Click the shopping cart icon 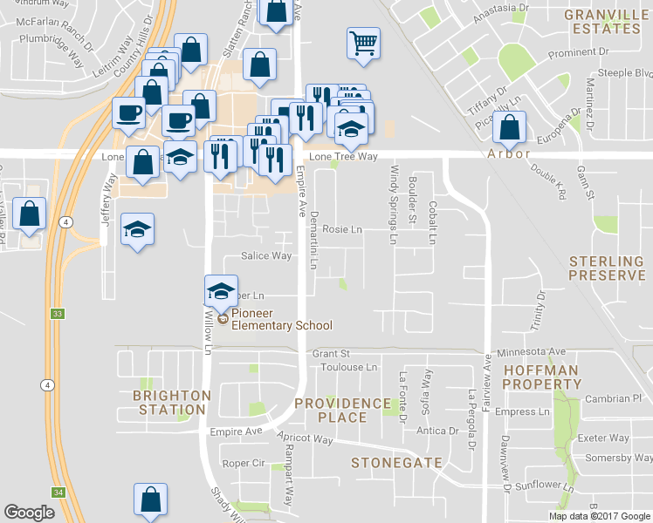[x=363, y=42]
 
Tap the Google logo [x=29, y=513]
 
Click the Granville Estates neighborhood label [x=601, y=22]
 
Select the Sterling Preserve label [x=607, y=268]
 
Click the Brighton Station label [x=172, y=403]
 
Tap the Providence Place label [x=342, y=410]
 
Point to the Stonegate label [x=396, y=463]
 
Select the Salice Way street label [x=266, y=256]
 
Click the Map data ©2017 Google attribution [x=600, y=516]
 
